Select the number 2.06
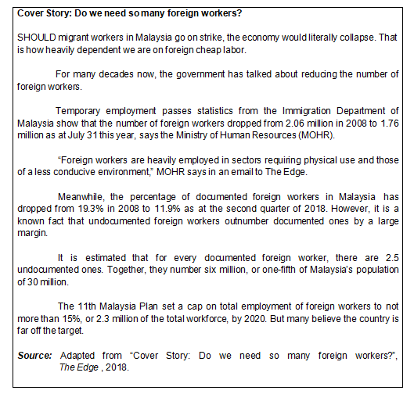coord(265,124)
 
